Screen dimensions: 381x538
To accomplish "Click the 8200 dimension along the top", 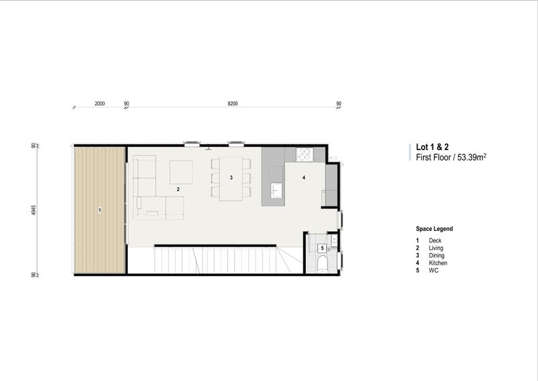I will pos(233,104).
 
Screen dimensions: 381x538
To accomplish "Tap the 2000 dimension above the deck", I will pos(100,104).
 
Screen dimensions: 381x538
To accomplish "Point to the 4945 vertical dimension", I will pos(32,210).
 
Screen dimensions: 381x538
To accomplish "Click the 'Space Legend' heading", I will pos(434,229).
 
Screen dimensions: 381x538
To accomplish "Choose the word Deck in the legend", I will pos(435,240).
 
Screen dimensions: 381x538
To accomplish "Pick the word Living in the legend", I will pos(436,248).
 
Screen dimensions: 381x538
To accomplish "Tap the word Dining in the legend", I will pos(436,255).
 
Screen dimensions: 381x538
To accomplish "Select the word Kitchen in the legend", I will pos(438,263).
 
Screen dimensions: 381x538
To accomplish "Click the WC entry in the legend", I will pos(433,270).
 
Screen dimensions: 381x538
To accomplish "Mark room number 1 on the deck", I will pos(100,211).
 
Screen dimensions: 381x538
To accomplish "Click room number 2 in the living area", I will pos(178,190).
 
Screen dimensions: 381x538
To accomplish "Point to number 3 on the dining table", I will pos(231,178).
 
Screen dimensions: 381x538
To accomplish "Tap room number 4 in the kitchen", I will pos(303,178).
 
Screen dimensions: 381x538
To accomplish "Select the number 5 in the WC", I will pos(322,248).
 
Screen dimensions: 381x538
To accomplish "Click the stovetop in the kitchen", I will pos(305,154).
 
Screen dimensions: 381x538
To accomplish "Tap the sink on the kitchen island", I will pos(276,190).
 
